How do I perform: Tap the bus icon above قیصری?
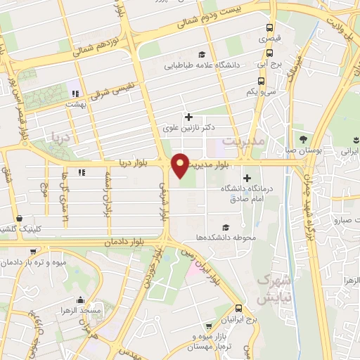tap(271, 28)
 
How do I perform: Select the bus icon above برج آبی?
tap(270, 51)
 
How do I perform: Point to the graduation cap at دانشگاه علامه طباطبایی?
tap(202, 55)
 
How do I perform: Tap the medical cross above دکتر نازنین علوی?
tap(187, 117)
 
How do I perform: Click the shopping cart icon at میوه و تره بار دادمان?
tap(33, 252)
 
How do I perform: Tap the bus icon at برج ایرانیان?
tap(239, 309)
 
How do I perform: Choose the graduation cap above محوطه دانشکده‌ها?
tap(226, 227)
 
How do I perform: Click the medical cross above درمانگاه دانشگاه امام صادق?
tap(246, 178)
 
